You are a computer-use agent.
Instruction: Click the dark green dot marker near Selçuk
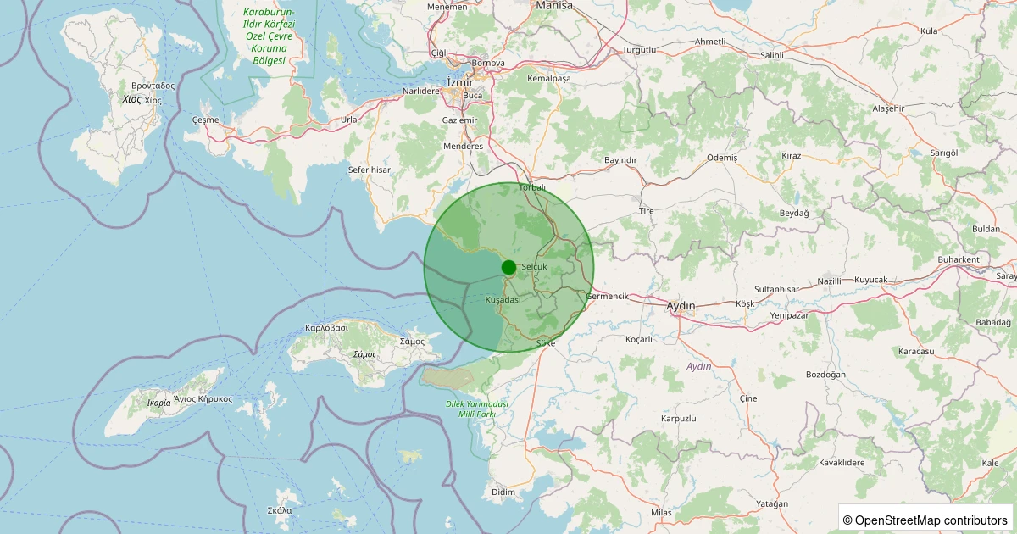508,268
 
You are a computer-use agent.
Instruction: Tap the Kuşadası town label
503,300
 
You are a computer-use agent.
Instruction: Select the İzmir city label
458,82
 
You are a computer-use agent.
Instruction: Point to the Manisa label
554,5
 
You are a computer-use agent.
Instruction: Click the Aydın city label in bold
681,305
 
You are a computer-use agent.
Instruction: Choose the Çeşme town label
206,120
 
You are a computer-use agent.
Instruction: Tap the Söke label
546,343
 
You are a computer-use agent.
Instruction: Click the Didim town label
503,492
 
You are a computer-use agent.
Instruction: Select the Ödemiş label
722,158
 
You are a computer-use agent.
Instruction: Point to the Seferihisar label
369,170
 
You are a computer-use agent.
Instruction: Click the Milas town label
661,513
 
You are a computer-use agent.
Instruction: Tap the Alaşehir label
888,108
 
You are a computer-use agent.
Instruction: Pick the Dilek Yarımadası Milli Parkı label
477,409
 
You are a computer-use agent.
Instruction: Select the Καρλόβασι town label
326,327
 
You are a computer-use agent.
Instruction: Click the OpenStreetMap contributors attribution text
925,520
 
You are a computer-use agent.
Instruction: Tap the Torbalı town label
531,187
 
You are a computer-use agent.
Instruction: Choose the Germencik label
607,296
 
